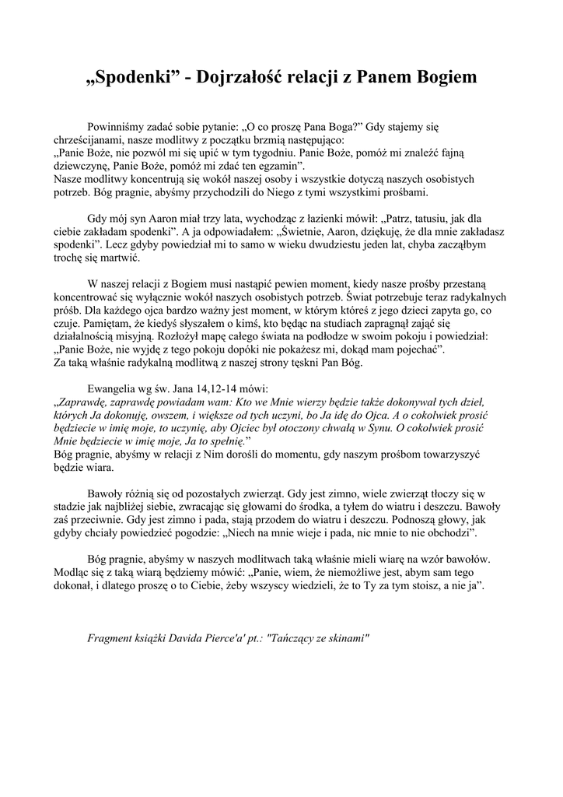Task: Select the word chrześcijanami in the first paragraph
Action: click(89, 141)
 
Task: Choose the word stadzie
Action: click(69, 507)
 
